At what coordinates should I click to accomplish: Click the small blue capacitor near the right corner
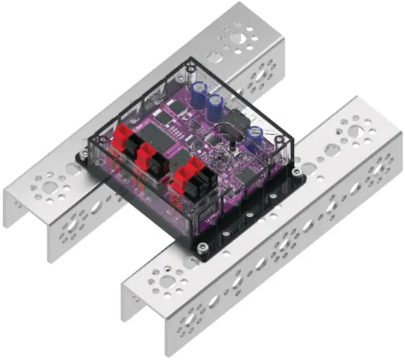click(x=255, y=133)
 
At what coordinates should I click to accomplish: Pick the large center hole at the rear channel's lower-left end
click(x=47, y=188)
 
